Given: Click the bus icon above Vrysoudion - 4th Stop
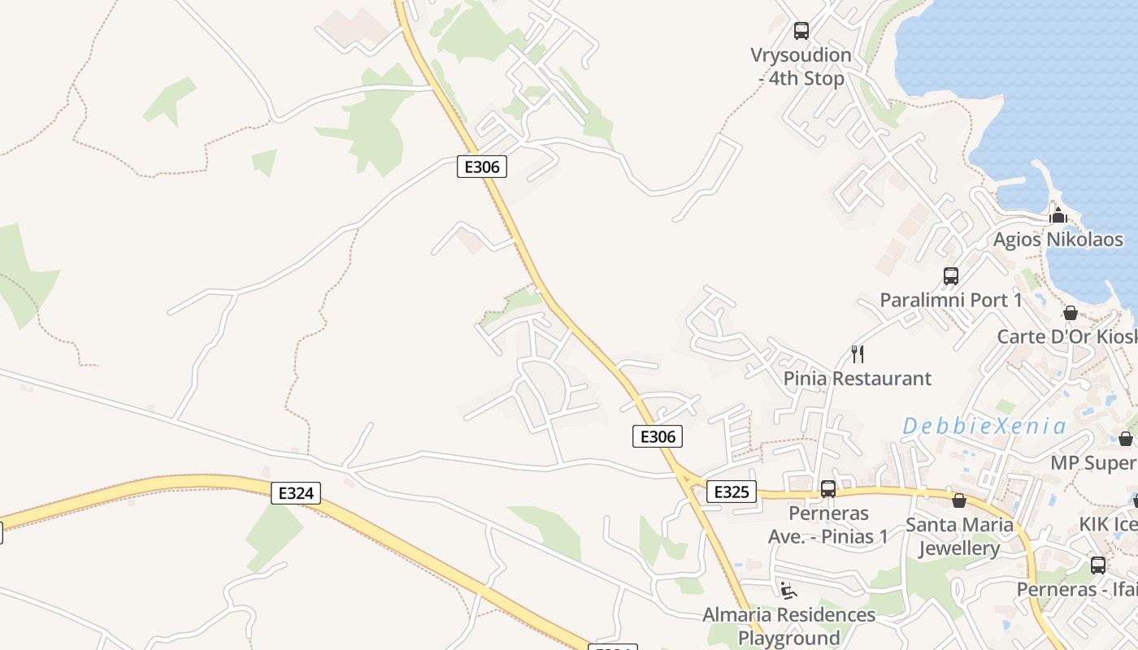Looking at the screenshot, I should (x=801, y=31).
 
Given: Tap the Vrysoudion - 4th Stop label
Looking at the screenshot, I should (x=801, y=67).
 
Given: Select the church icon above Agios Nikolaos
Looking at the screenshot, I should (x=1058, y=215).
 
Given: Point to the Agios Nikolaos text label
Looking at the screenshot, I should (x=1058, y=240).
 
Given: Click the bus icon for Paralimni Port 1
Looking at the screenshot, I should (x=951, y=276).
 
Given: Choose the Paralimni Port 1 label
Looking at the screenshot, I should (x=951, y=300).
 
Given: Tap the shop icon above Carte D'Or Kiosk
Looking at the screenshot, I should (x=1071, y=313).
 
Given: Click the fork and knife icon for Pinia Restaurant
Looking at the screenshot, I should (x=857, y=354).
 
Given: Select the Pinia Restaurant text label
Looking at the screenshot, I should (x=857, y=378).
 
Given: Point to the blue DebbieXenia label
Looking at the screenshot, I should (x=984, y=426).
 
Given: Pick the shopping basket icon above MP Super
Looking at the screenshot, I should (x=1126, y=439).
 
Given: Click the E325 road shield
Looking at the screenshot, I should (x=732, y=492).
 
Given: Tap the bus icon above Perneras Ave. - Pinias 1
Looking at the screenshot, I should (x=828, y=489).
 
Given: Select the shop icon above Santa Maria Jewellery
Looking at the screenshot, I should (x=959, y=500).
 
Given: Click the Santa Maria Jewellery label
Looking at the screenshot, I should (x=959, y=536).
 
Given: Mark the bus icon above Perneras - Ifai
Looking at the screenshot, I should (x=1098, y=565).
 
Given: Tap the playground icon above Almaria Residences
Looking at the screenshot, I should (x=788, y=589).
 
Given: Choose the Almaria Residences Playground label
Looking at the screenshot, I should (x=788, y=626).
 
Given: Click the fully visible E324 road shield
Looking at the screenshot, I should (x=296, y=492).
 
